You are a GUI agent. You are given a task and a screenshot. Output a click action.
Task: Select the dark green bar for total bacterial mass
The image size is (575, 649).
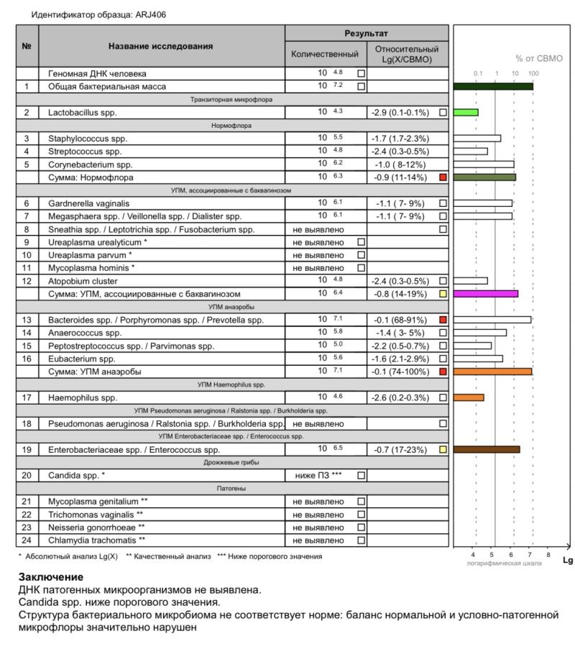click(493, 86)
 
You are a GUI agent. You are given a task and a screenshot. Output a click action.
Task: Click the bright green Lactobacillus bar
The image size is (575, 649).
click(466, 113)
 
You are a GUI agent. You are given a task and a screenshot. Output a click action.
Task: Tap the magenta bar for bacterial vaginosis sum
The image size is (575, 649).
click(486, 293)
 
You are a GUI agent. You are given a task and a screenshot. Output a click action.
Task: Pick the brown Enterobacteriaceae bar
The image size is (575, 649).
click(487, 449)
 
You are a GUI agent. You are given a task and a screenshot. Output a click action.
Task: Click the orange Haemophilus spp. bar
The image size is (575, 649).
click(469, 397)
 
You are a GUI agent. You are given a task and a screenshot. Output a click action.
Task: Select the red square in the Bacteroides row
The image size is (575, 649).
click(443, 319)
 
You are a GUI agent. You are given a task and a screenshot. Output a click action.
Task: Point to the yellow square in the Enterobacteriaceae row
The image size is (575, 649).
click(443, 449)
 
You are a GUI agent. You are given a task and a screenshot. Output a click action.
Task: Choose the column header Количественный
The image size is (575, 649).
click(325, 55)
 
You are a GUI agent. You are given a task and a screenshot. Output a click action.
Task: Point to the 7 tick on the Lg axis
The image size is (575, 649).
click(530, 555)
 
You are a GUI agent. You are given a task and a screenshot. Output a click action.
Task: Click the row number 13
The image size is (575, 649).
click(27, 319)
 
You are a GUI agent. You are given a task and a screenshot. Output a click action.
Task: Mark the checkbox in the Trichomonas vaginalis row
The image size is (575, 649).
click(362, 514)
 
